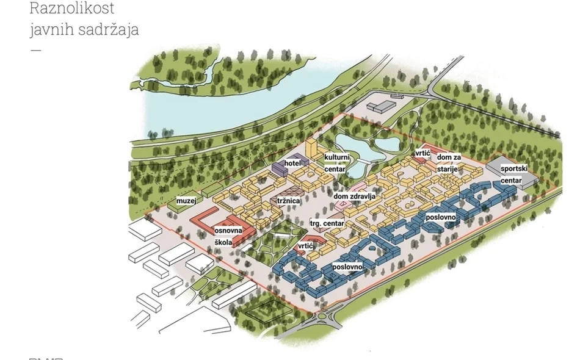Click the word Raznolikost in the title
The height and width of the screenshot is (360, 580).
pos(72,9)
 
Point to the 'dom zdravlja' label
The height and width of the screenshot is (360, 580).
pos(354,196)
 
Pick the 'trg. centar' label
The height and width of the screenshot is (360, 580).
pos(327,224)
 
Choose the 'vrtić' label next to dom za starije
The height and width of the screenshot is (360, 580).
pos(423,153)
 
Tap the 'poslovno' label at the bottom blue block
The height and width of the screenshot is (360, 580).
pos(348,267)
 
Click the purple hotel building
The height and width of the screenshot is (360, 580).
pos(281,168)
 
